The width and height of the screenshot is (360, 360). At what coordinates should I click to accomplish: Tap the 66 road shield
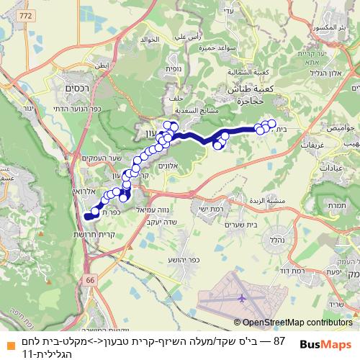(x=89, y=279)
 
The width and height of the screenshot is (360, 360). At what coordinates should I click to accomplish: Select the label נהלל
(x=274, y=240)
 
